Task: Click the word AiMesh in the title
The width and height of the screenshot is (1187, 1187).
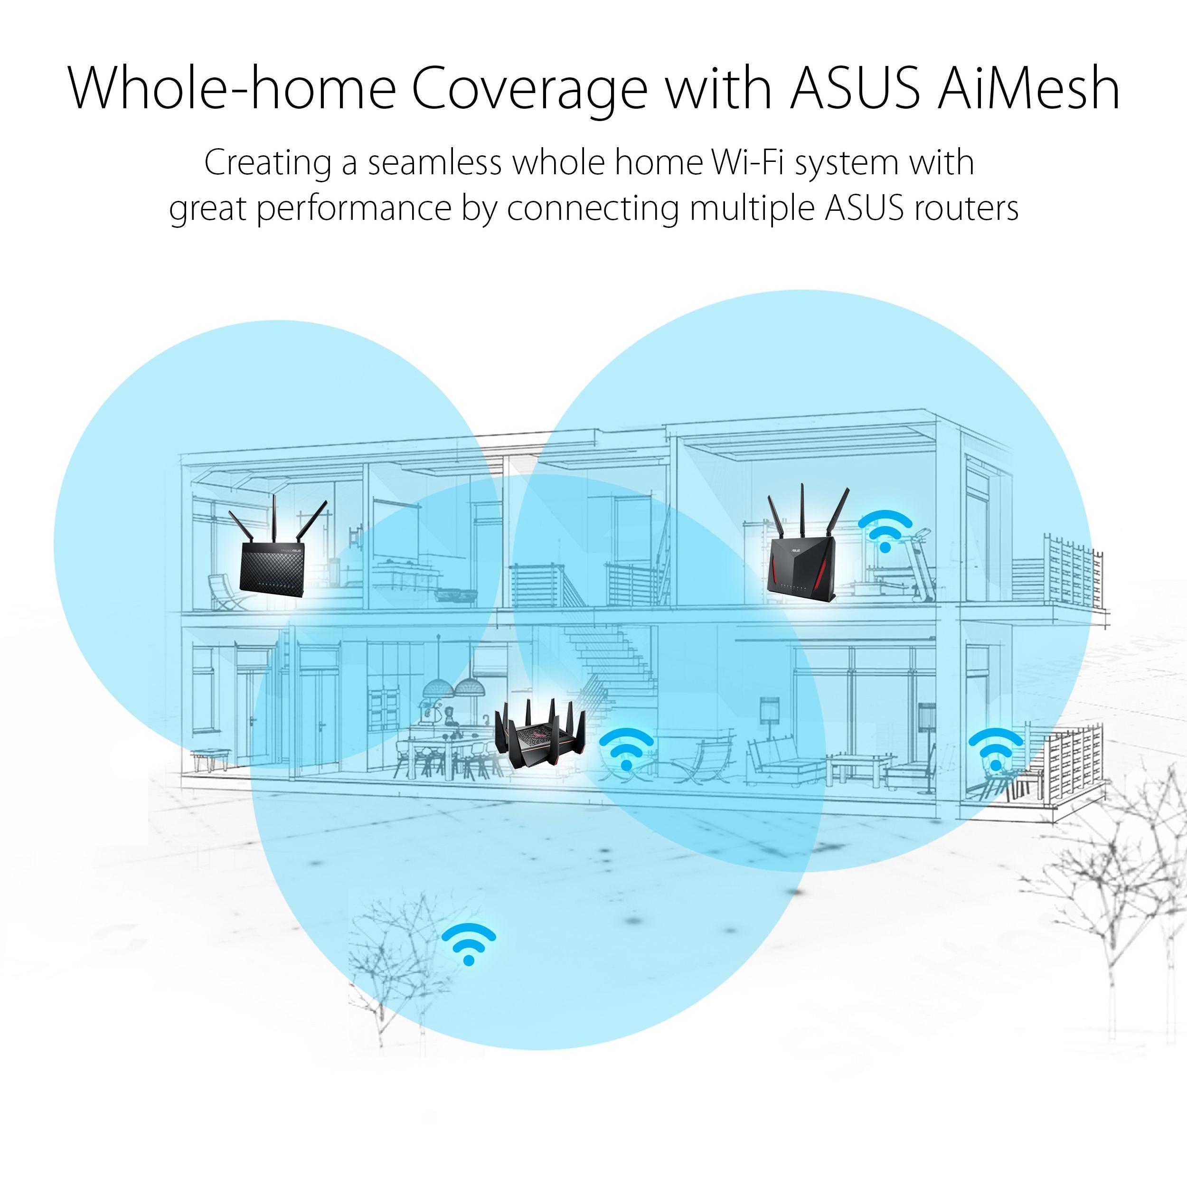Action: tap(1028, 87)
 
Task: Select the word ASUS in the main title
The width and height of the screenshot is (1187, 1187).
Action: tap(855, 87)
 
